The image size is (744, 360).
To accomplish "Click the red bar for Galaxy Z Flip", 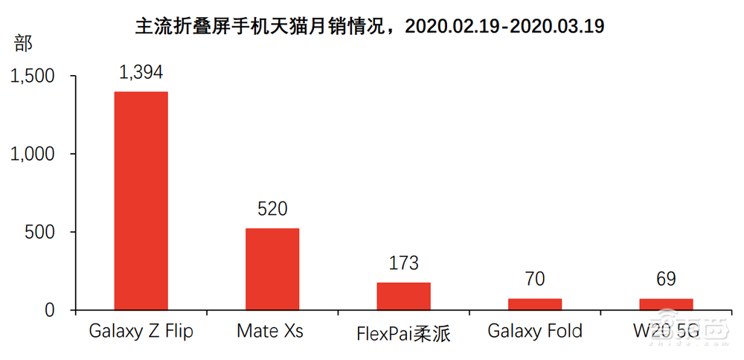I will click(x=141, y=200).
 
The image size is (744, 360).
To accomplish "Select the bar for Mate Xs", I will click(x=272, y=269).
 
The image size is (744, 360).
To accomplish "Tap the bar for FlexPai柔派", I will click(x=403, y=295).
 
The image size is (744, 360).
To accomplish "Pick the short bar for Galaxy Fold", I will click(x=534, y=303).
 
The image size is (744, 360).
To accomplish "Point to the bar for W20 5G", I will click(x=666, y=303).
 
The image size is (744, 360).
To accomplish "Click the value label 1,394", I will click(x=141, y=72).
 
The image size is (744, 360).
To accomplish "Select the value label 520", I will click(x=272, y=209).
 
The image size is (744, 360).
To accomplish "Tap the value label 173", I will click(x=403, y=263).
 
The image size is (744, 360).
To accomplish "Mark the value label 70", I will click(x=534, y=280).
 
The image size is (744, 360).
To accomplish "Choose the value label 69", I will click(x=666, y=280).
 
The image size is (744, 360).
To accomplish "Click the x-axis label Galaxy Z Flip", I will click(x=141, y=331).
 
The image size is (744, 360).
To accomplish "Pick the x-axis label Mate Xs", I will click(x=270, y=331).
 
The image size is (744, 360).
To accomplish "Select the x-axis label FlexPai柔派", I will click(x=404, y=332).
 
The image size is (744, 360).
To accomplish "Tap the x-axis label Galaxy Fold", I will click(x=535, y=331).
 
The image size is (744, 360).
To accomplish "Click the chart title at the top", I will click(x=370, y=27).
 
